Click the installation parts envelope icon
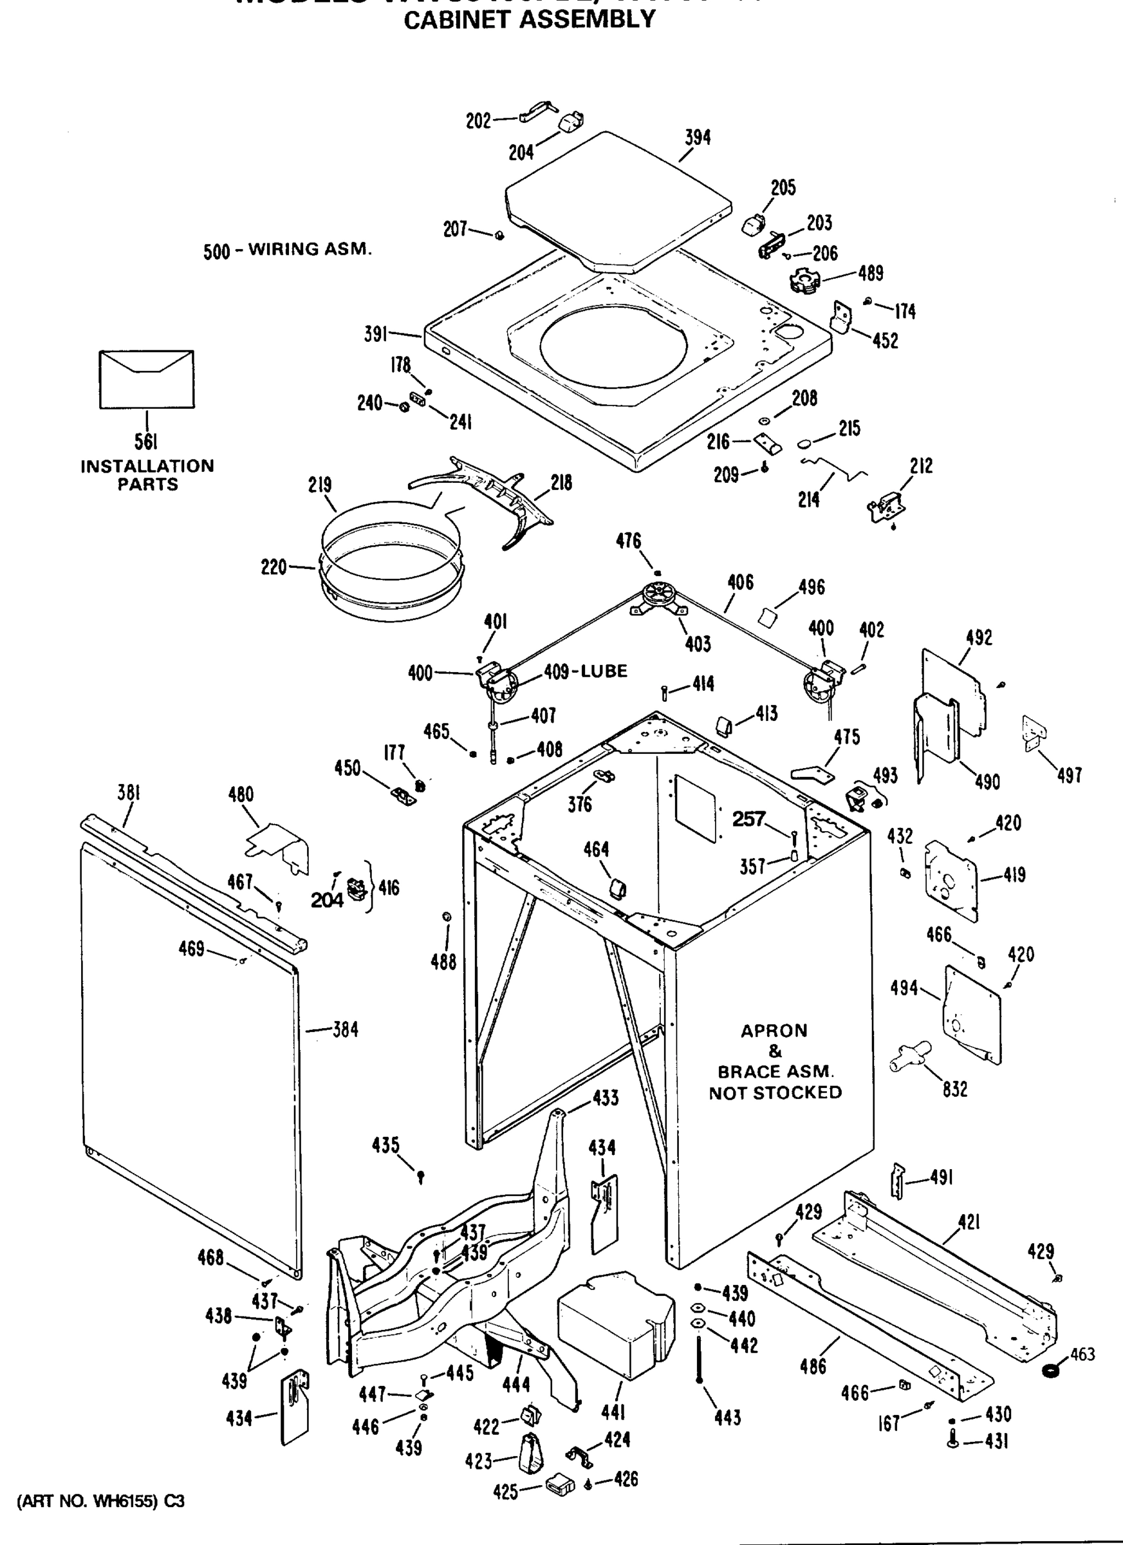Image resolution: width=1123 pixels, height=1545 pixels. [147, 379]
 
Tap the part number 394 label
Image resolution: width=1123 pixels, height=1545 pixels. [698, 138]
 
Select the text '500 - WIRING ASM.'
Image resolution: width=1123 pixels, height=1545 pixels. [288, 250]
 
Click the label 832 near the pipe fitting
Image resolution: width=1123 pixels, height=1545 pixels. [955, 1089]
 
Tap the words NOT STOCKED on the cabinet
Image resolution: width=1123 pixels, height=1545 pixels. [775, 1092]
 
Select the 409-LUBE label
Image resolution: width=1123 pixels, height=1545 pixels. [585, 671]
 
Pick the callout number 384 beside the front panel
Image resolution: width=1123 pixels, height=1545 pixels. [346, 1029]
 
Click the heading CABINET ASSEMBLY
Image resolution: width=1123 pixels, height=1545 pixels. [529, 20]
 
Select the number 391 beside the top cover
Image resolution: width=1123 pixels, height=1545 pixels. [375, 334]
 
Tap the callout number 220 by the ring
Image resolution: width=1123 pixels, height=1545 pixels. [274, 566]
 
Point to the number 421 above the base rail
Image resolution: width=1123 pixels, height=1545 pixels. [969, 1222]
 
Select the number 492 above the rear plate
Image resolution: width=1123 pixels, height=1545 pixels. [979, 639]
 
